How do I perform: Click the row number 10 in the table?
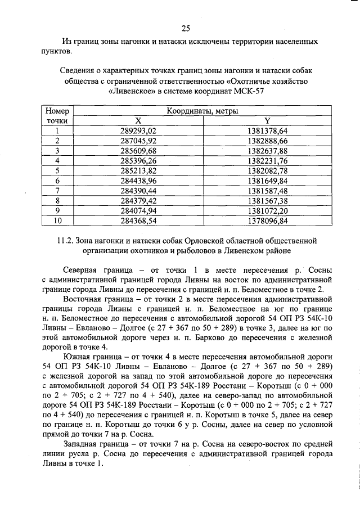click(57, 221)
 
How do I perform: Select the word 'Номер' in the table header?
click(57, 111)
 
